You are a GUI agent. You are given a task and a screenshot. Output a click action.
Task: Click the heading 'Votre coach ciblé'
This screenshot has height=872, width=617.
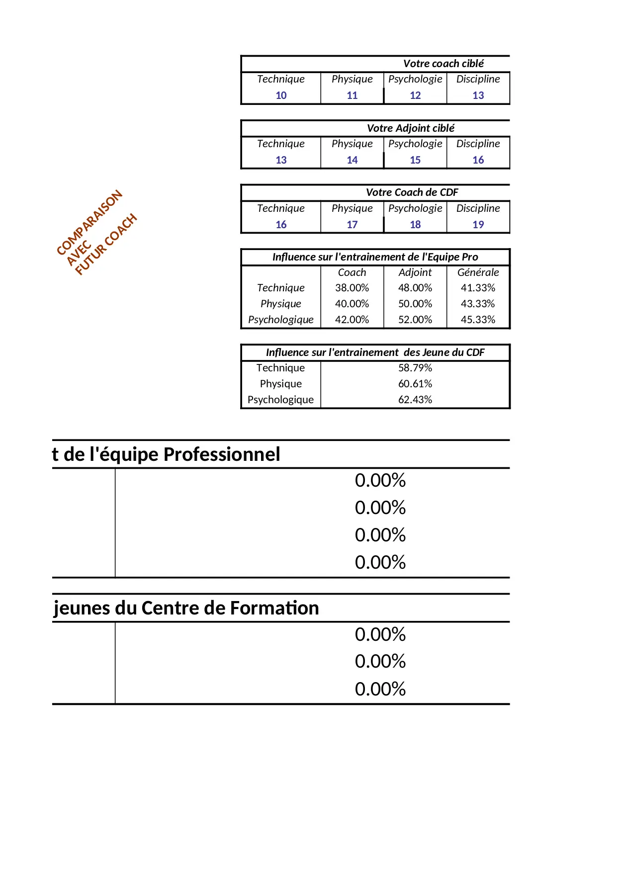[x=443, y=64]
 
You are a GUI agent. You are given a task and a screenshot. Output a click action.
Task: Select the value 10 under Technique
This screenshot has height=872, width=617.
[x=281, y=95]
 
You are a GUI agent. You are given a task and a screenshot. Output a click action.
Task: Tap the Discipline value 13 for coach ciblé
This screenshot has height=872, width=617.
[x=478, y=95]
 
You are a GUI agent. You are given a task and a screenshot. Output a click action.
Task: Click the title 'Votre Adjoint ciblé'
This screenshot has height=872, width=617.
[x=411, y=128]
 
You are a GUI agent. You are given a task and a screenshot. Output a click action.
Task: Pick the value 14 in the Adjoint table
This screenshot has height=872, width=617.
[x=352, y=160]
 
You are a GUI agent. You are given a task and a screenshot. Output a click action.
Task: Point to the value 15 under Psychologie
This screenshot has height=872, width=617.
[x=415, y=160]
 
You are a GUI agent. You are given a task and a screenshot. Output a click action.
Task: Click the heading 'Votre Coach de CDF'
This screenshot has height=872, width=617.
[x=412, y=192]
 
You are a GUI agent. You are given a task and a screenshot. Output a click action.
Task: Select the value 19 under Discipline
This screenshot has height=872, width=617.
[x=478, y=225]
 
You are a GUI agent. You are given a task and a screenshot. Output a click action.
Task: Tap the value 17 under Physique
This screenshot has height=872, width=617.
[x=352, y=225]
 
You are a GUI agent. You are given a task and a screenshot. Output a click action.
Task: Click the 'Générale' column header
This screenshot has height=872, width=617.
[x=478, y=272]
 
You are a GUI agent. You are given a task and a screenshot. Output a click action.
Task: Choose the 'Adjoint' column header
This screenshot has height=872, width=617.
[x=415, y=272]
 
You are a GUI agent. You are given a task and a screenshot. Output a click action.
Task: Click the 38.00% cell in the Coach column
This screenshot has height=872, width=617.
[x=352, y=288]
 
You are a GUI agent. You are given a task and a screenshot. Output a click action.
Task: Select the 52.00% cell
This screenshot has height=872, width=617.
[x=415, y=320]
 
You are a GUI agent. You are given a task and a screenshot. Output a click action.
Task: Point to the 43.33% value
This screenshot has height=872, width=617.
[x=478, y=304]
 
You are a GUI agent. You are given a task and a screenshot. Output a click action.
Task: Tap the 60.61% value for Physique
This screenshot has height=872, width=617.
[x=415, y=384]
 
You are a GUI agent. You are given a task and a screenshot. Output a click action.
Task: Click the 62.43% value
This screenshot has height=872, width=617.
[x=415, y=400]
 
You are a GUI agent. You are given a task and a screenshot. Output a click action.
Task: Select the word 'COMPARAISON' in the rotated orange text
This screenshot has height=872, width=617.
[x=89, y=222]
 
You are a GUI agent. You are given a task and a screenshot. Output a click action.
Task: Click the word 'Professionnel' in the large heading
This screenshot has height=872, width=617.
[x=222, y=454]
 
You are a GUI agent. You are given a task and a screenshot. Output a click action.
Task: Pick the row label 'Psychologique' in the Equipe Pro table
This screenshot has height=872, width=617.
[x=281, y=320]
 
